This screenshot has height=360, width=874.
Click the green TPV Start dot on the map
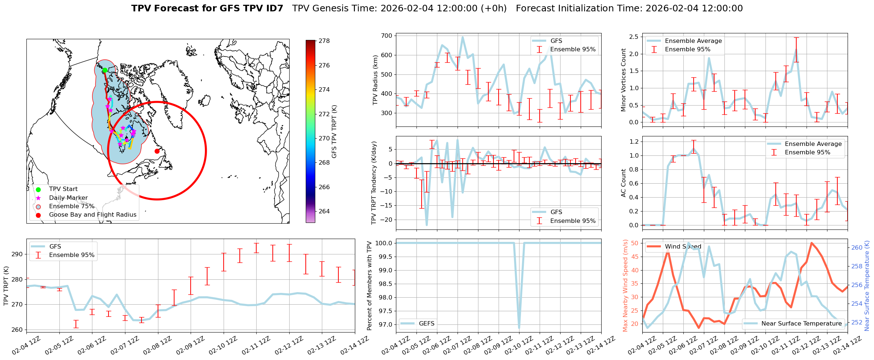pos(104,70)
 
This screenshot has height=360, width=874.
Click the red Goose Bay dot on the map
pos(157,151)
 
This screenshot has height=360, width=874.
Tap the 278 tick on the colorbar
pos(324,41)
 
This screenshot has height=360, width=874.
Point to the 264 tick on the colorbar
pos(324,211)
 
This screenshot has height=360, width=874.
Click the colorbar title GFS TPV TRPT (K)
pos(334,132)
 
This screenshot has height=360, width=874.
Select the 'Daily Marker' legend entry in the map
pos(68,198)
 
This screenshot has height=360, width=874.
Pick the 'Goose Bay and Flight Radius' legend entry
pos(92,215)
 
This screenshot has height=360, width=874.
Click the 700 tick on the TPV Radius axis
pos(387,36)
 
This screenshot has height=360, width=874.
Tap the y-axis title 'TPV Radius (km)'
pos(375,80)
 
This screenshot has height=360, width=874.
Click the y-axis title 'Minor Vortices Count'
pos(623,80)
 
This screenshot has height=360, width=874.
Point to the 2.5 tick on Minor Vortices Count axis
pos(633,37)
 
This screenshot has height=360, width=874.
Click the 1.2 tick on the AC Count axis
pos(633,142)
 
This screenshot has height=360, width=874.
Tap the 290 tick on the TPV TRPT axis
pos(18,254)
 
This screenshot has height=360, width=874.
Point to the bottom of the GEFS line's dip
pos(519,328)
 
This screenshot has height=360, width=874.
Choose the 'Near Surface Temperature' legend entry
pos(801,324)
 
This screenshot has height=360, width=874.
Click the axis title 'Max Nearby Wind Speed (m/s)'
pos(625,286)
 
